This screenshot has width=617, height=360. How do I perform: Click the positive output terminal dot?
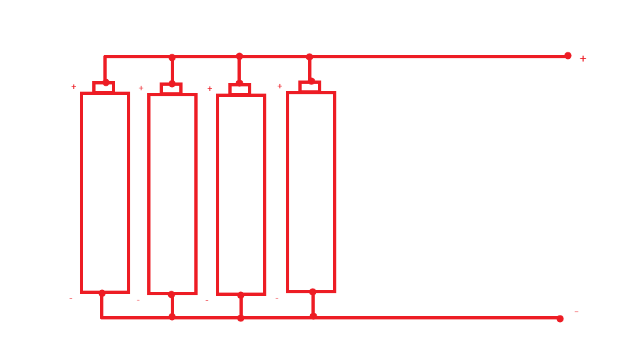point(568,56)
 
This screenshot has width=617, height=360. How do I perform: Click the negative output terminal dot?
point(560,319)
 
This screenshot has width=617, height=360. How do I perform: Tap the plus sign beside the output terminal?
point(583,59)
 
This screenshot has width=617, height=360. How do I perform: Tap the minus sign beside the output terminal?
point(576,312)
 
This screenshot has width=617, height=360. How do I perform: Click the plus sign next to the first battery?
point(73,86)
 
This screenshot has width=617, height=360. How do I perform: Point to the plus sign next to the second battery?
point(141,88)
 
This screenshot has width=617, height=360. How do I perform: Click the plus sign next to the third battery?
point(210,89)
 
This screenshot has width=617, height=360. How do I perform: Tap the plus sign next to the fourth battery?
point(280,86)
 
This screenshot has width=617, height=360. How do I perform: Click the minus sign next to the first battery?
point(71,299)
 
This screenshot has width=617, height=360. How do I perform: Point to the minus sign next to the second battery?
point(138,300)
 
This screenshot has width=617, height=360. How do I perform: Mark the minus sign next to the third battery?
point(207,301)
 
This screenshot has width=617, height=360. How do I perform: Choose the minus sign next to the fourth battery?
point(277,298)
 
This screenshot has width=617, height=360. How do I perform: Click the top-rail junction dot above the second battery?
point(172,58)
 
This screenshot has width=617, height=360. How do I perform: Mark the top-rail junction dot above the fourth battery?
point(309,57)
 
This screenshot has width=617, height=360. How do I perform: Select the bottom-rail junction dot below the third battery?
point(241,318)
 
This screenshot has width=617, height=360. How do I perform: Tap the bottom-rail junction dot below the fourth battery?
point(313,316)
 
